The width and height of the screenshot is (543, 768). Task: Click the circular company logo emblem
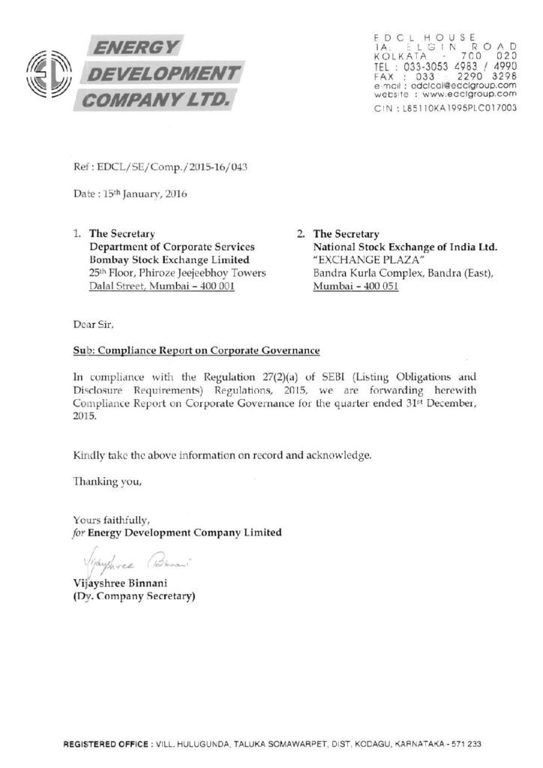coord(49,73)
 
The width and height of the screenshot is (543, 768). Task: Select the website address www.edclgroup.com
coord(477,94)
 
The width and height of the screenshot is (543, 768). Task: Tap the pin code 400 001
coord(214,286)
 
